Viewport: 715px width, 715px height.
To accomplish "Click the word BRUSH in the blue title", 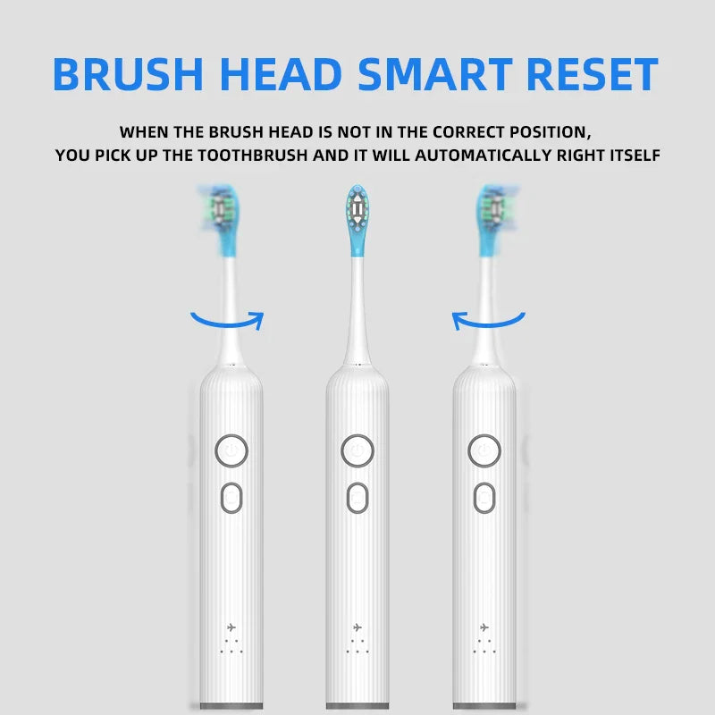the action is pos(128,74).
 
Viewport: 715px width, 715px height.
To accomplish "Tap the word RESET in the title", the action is pos(592,74).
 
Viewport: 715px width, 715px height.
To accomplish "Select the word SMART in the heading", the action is pos(435,74).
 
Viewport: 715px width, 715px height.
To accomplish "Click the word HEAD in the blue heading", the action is pos(281,74).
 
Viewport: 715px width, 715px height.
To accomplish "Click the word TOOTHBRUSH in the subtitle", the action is pos(253,156).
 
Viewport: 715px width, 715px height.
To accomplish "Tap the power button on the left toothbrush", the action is pos(231,451).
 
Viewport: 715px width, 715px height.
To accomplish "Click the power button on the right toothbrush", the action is pos(484,451).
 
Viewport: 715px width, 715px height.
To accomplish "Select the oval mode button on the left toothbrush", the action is pos(231,498).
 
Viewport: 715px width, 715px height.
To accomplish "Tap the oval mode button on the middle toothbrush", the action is pos(357,498).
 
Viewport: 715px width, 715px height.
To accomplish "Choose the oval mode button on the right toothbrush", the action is pos(484,498).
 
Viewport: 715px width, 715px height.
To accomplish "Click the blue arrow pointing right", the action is pos(228,324).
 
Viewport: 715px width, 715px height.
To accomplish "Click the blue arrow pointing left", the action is pos(489,324).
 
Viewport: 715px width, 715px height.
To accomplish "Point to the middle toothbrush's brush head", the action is pos(357,220).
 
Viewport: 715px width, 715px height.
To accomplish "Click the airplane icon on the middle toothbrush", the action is pos(357,627).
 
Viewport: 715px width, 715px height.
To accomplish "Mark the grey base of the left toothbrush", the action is pos(231,706).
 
